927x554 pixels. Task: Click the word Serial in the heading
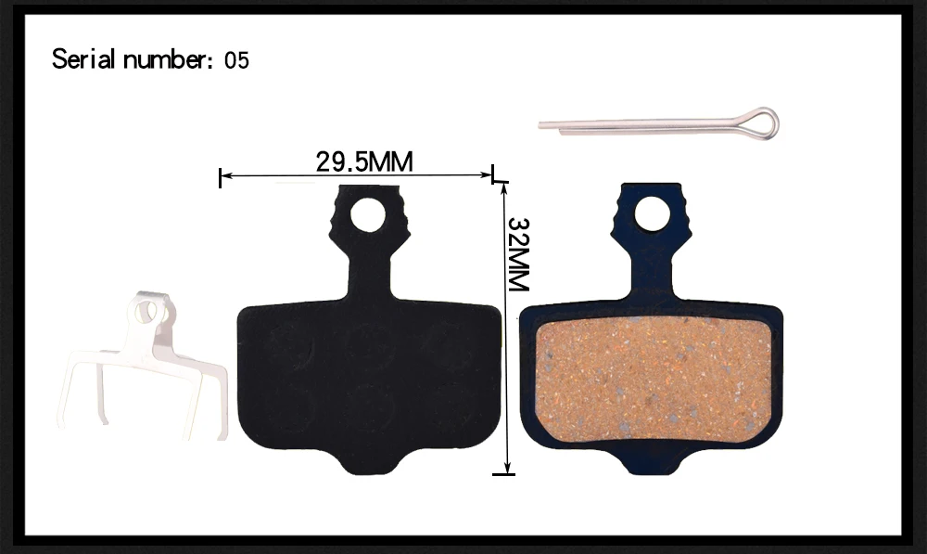83,59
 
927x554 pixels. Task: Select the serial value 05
236,60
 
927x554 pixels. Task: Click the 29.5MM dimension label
364,161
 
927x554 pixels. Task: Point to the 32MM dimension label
518,254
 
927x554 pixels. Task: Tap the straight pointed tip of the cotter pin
540,125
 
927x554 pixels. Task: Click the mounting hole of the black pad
368,214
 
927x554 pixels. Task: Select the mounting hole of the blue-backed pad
652,213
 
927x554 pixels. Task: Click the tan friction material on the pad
653,378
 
